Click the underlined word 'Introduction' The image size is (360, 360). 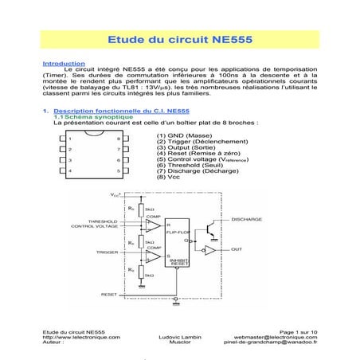click(x=63, y=63)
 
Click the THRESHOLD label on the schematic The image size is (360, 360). click(x=103, y=221)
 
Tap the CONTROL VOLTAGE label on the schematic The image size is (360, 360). click(x=94, y=227)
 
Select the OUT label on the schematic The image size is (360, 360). click(x=237, y=249)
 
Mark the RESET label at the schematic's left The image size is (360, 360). click(x=109, y=294)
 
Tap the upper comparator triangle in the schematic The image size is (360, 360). click(x=149, y=225)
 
